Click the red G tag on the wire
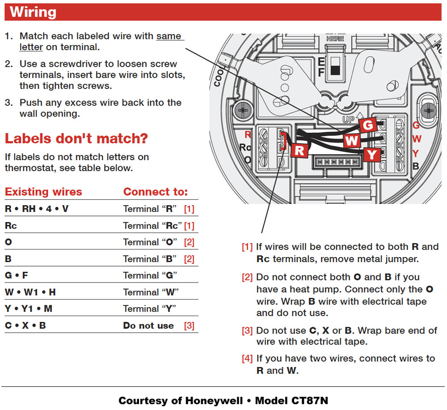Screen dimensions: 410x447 (368, 126)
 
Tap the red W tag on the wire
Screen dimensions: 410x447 (352, 141)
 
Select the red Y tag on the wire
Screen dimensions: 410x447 (371, 155)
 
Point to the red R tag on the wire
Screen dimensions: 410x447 (299, 151)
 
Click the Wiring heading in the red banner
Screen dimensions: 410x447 (34, 12)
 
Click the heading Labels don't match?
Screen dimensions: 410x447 (76, 139)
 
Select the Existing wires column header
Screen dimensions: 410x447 (43, 192)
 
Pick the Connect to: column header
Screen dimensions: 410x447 (156, 192)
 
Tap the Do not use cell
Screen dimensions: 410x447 (148, 325)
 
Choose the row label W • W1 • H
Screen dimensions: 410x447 (30, 292)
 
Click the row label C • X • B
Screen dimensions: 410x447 (25, 325)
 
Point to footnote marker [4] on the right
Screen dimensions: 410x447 (247, 359)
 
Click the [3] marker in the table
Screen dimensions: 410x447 (189, 325)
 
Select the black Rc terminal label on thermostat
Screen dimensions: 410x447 (245, 147)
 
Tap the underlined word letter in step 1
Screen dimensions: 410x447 (31, 47)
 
